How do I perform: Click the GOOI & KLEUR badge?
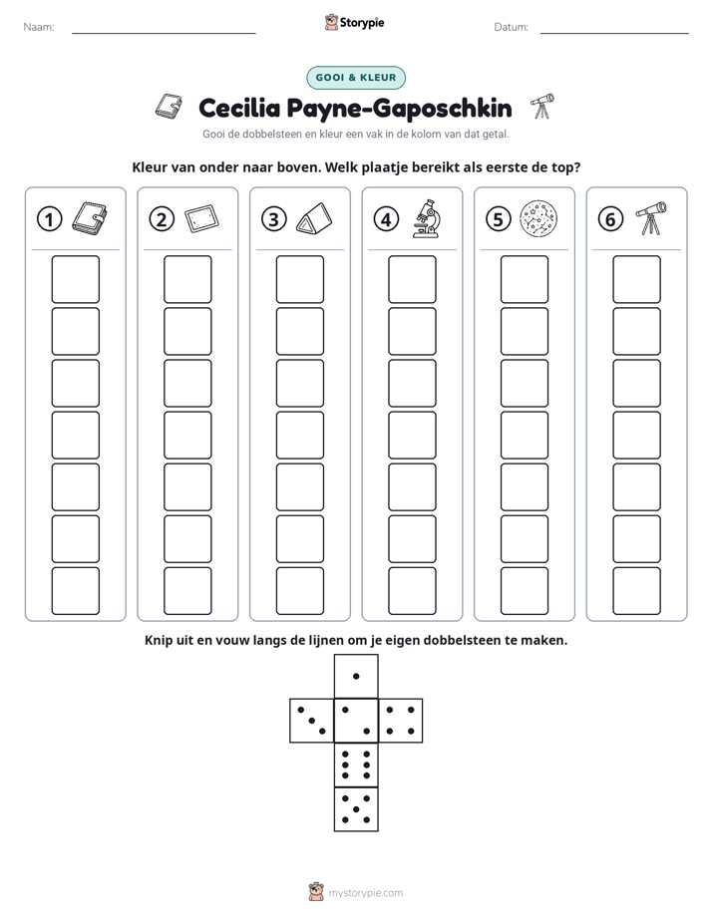point(356,78)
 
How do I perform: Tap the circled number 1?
point(49,219)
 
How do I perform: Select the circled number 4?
point(386,219)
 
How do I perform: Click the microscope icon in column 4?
point(426,218)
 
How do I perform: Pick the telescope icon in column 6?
point(651,218)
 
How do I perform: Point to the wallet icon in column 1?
point(90,218)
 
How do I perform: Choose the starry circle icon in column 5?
point(538,219)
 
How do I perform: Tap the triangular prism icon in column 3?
point(314,219)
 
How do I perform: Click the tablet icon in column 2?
point(201,219)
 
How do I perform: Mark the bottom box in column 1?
point(75,591)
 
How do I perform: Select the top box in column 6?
point(636,279)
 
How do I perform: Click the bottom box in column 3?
point(299,591)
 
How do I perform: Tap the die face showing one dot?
point(356,676)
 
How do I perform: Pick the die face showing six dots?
point(356,765)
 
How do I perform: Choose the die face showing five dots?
point(356,808)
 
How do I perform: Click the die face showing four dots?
point(401,721)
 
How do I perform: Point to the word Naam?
point(39,27)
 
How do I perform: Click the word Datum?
point(512,27)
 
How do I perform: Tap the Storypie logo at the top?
point(354,22)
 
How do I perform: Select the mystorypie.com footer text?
point(355,892)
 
